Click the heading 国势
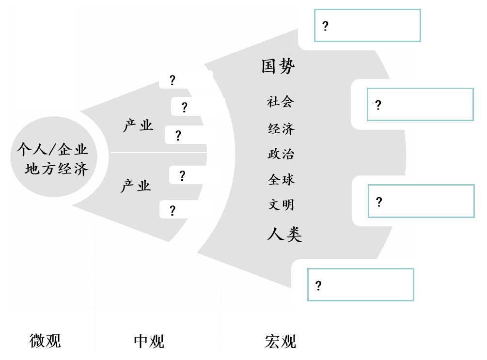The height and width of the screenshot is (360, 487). tap(278, 67)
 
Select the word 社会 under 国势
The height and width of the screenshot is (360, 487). tap(280, 102)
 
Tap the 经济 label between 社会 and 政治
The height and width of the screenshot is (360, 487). tap(281, 129)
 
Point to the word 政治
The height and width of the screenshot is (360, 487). tap(281, 155)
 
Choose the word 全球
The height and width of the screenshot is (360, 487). tap(281, 180)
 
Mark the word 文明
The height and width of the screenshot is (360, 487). tap(281, 204)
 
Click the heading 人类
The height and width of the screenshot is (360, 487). tap(284, 235)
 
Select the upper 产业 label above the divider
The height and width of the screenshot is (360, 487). tap(138, 126)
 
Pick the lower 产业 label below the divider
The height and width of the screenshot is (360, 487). tap(136, 186)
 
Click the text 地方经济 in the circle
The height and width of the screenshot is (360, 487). tap(57, 170)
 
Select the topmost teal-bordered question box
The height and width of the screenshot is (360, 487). tap(367, 25)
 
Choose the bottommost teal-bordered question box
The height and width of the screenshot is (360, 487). tap(361, 284)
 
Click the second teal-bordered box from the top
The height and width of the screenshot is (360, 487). tap(420, 104)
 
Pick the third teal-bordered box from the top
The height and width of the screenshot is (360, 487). tap(421, 201)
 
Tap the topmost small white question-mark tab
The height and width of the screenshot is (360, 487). tap(186, 80)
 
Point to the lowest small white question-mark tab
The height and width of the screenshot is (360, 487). tap(186, 210)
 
